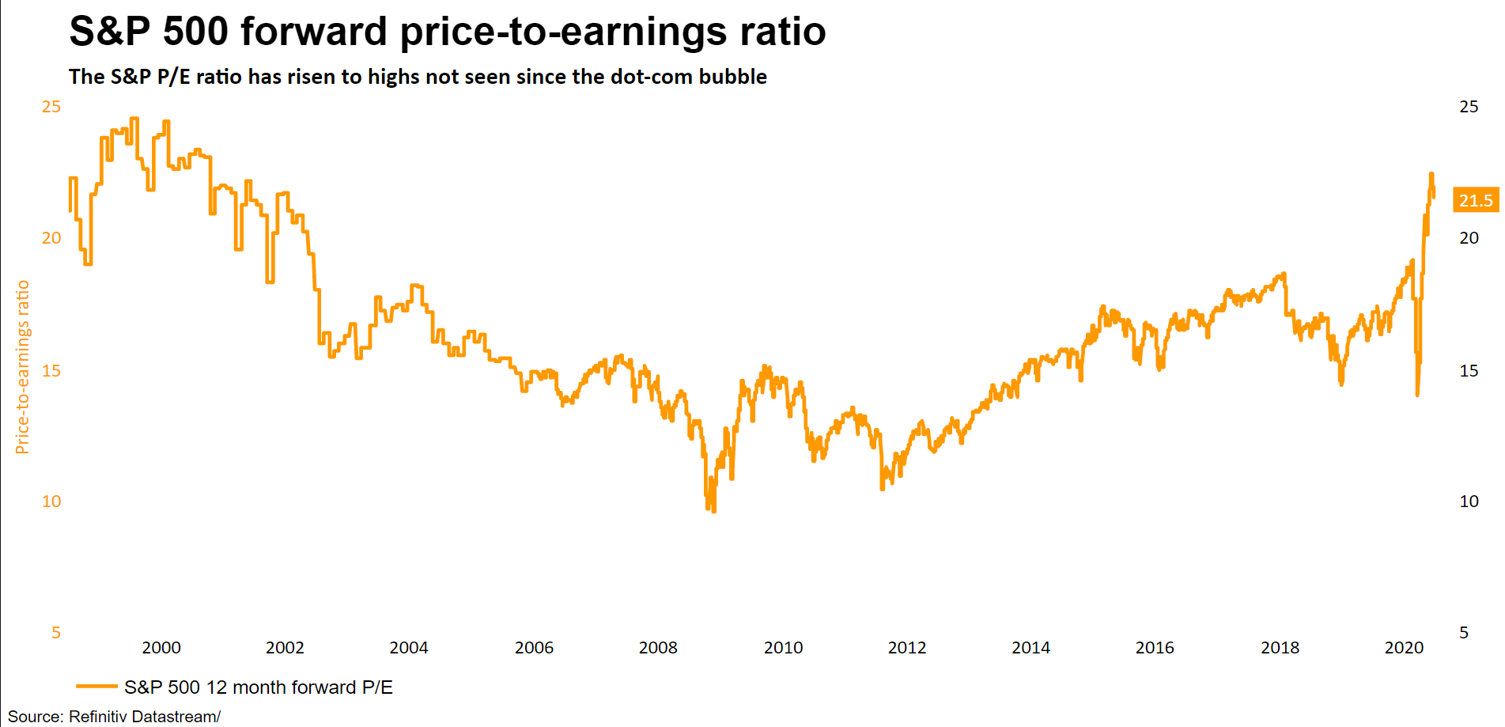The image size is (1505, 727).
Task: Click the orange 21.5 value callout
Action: [1476, 201]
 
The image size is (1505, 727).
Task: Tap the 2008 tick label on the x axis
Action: [658, 648]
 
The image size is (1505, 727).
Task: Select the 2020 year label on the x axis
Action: [1404, 648]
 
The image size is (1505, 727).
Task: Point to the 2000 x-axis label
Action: [161, 648]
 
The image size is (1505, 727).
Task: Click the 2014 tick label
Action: [1030, 648]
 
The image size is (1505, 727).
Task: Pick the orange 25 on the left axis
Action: [51, 107]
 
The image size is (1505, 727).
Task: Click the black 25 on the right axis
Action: [1469, 107]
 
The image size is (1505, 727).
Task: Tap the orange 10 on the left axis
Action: [51, 502]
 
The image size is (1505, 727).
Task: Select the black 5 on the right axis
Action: [1464, 633]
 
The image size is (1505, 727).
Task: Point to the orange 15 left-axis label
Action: [51, 371]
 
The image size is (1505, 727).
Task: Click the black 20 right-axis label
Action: [1469, 238]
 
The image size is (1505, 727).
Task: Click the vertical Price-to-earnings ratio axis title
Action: [22, 367]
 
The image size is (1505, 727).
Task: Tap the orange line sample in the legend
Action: [96, 687]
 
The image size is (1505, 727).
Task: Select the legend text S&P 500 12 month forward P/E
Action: [259, 687]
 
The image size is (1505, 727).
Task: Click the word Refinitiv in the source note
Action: [97, 717]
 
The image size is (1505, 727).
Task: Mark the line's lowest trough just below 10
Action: [713, 511]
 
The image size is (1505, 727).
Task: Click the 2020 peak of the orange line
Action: [1431, 174]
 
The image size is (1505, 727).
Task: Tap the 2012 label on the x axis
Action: [907, 648]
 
